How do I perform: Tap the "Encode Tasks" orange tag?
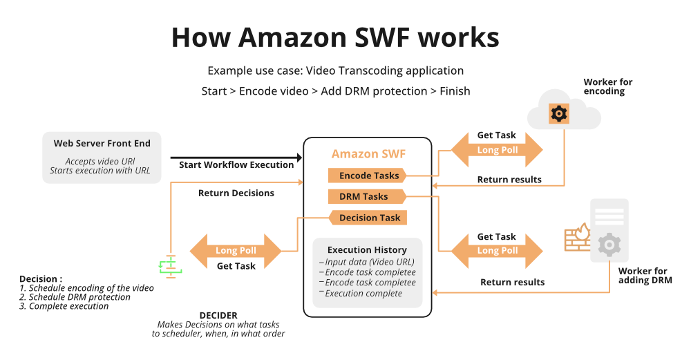367,176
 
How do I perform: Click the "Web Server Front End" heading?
102,144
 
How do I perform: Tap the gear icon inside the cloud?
558,114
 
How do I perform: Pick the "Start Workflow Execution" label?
236,165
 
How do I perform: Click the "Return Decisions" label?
236,193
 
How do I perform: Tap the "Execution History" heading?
367,249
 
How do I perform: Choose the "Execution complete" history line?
363,294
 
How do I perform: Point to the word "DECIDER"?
218,315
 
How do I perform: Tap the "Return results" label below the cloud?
509,180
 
